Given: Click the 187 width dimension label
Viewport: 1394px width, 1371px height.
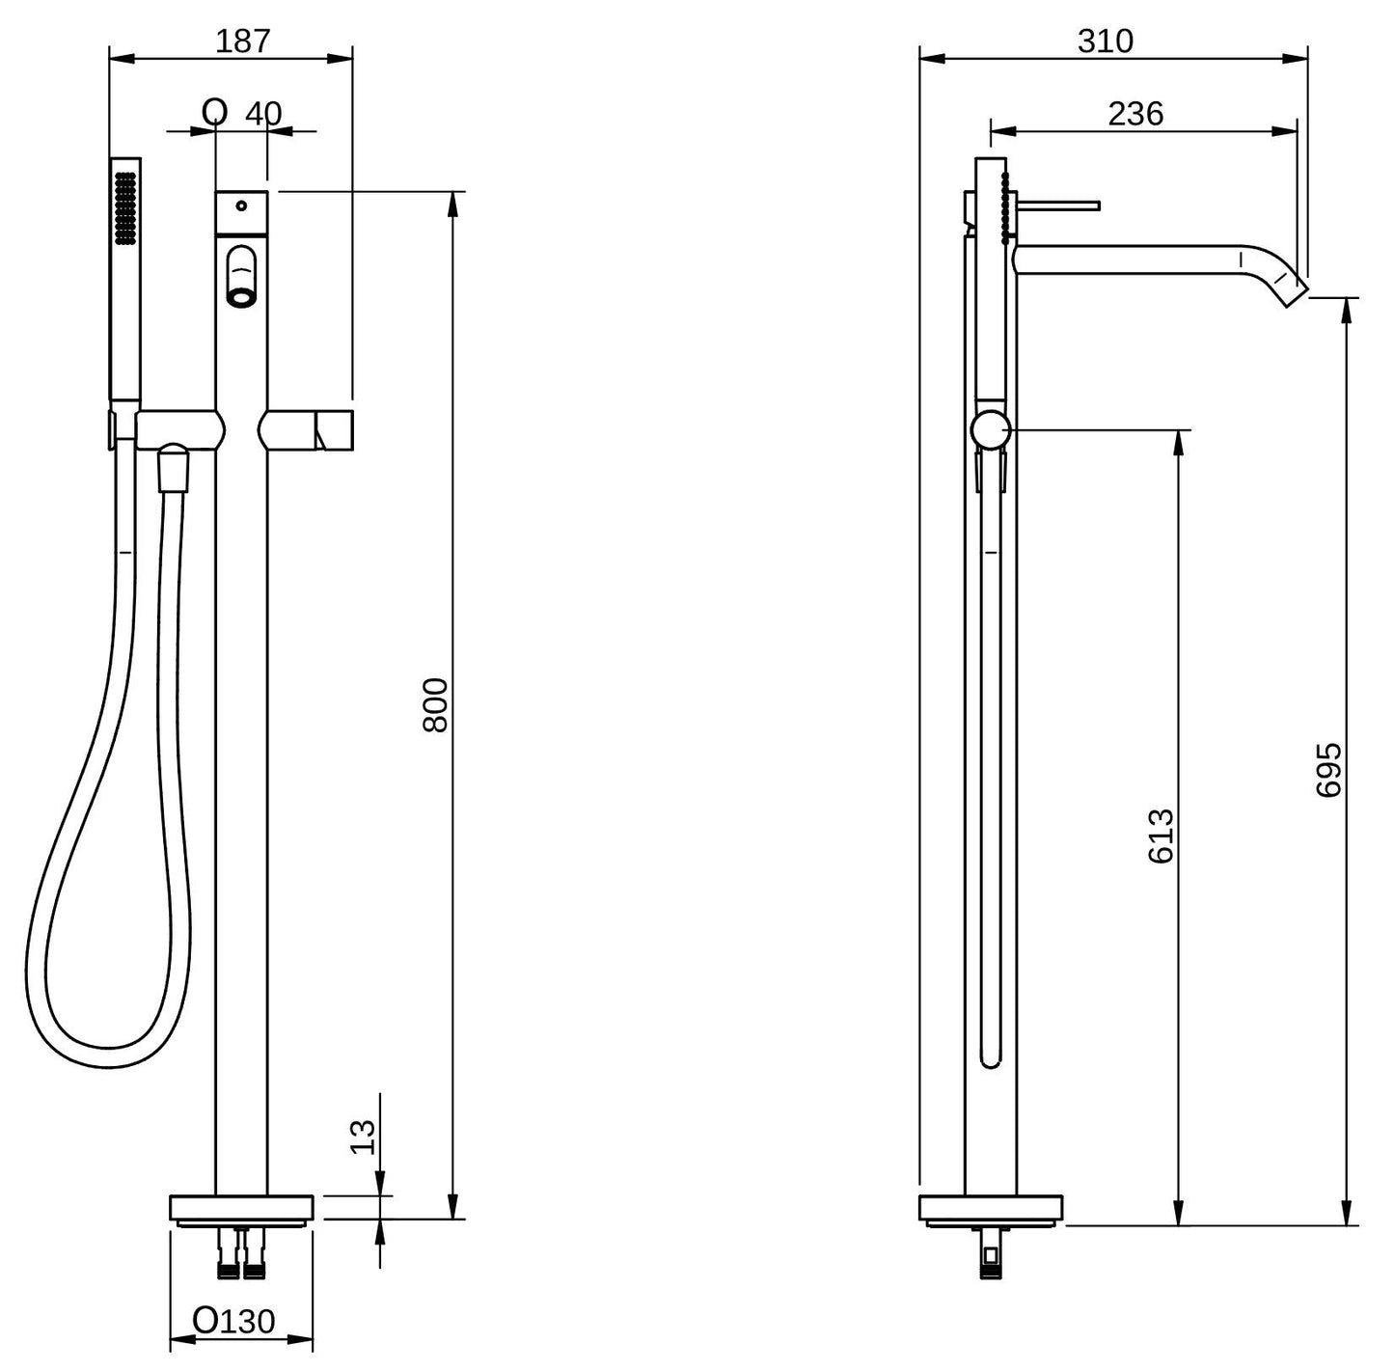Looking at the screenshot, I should point(243,41).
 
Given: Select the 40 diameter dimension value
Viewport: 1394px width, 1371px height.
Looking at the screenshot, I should point(262,114).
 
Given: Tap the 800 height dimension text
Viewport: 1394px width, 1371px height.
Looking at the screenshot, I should point(435,705).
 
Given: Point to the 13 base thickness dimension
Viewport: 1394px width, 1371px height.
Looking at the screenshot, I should point(362,1137).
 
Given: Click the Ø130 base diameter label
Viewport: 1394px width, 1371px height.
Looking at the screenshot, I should point(234,1320).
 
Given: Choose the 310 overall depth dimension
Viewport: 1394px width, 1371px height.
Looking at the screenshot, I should point(1106,41).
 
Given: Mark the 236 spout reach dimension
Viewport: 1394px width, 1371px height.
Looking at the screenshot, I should point(1135,114).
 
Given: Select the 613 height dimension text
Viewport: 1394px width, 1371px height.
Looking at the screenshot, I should point(1162,836).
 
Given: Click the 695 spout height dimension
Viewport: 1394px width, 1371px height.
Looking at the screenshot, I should point(1328,769).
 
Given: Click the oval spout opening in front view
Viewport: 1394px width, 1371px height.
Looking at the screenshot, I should point(241,276).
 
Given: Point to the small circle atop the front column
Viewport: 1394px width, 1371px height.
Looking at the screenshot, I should point(241,205).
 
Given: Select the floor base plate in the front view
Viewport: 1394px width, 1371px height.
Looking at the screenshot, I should point(241,1207).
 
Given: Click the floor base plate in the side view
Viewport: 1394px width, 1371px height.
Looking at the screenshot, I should point(991,1207).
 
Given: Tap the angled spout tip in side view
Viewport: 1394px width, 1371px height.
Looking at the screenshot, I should point(1287,287).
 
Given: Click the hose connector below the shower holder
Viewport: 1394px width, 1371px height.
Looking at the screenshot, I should point(173,468).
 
